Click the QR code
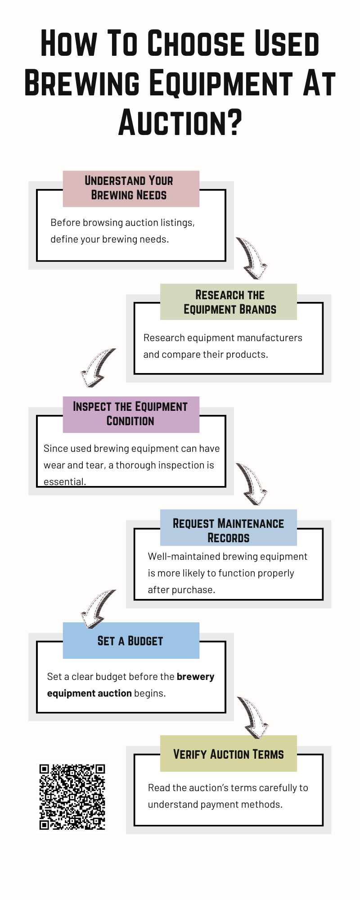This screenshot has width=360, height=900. point(72,797)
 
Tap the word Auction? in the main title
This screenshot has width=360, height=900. point(180,122)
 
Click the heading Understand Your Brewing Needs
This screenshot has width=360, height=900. point(129,188)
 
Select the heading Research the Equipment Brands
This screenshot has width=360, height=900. point(229,302)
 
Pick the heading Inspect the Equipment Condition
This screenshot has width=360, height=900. point(130,414)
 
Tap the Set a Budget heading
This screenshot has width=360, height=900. point(130,641)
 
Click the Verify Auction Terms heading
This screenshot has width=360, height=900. point(229,754)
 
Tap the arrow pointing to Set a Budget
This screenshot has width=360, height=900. point(98,608)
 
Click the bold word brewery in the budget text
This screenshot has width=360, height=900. point(195,677)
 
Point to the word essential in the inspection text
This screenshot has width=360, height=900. point(64,481)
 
